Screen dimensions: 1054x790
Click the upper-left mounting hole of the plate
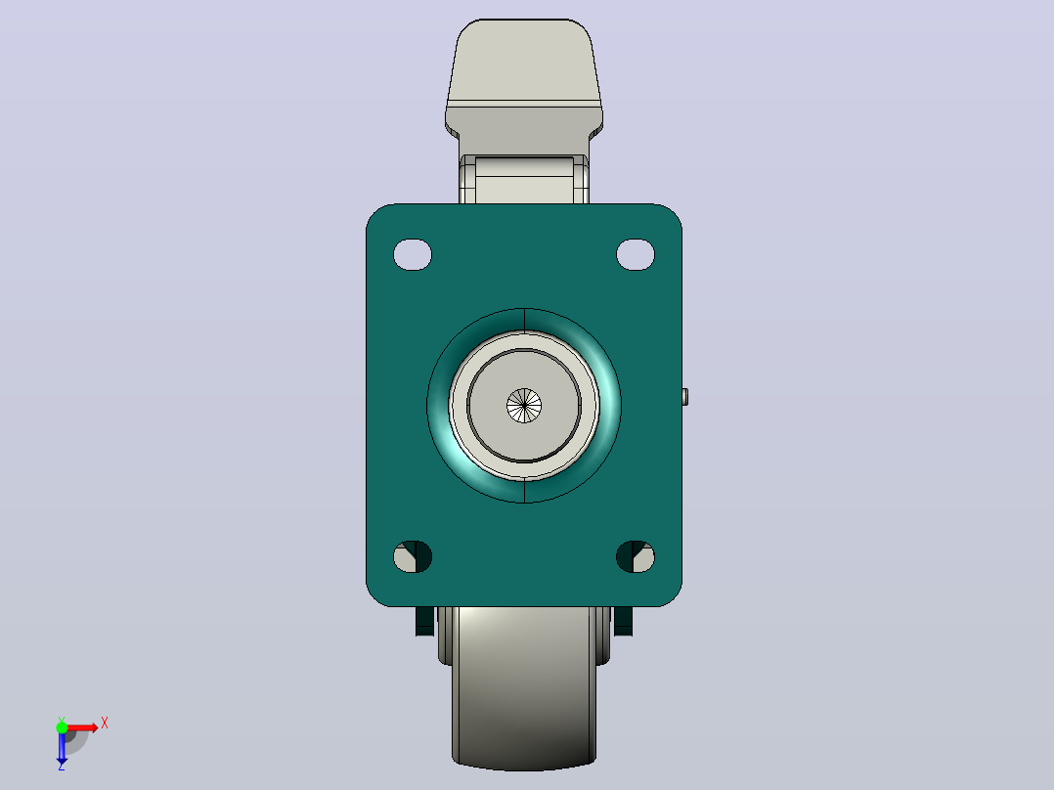click(x=412, y=255)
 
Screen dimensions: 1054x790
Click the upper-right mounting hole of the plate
click(x=636, y=255)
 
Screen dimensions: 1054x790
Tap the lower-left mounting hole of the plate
click(x=412, y=556)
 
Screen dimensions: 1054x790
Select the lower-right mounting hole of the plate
click(x=636, y=556)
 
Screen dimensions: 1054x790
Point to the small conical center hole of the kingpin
click(x=524, y=406)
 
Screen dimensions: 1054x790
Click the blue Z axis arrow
click(x=62, y=746)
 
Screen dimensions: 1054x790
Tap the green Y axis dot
click(x=62, y=727)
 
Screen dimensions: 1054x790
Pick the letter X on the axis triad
click(x=105, y=724)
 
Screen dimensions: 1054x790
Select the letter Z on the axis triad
click(x=62, y=766)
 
